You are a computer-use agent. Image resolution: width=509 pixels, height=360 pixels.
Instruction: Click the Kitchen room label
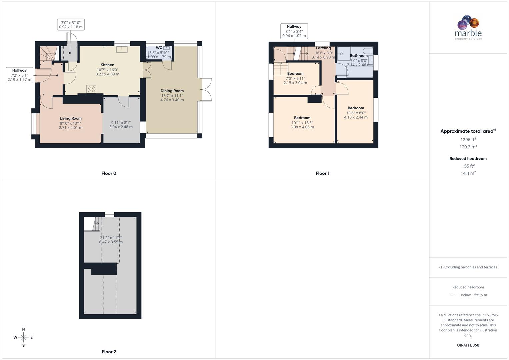[x=107, y=65]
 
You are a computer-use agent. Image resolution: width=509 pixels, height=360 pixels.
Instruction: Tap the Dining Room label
[x=172, y=91]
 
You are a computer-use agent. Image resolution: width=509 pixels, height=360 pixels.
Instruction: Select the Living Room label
[x=71, y=118]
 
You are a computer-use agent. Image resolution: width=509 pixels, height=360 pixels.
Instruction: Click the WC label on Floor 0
[x=159, y=48]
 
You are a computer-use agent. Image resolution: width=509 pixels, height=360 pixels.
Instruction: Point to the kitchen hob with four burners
[x=91, y=89]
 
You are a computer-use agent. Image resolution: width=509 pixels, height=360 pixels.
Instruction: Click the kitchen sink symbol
[x=122, y=49]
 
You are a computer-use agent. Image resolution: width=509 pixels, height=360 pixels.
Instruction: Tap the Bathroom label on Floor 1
[x=359, y=56]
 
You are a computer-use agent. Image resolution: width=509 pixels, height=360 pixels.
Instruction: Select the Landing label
[x=323, y=48]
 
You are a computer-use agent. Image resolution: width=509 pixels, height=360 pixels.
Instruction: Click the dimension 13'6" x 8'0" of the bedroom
[x=356, y=113]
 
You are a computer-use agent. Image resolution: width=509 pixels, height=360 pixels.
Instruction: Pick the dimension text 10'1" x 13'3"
[x=302, y=123]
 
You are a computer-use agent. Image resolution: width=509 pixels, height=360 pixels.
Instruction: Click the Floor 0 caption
[x=109, y=173]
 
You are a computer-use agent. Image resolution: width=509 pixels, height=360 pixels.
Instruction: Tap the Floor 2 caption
[x=109, y=352]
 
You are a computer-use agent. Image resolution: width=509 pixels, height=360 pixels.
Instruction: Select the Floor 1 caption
[x=322, y=173]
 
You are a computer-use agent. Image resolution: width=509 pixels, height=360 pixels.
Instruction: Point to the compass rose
[x=23, y=337]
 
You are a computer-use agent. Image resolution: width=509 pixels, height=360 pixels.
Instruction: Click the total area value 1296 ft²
[x=468, y=140]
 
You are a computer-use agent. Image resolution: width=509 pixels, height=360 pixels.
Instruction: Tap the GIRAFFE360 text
[x=468, y=345]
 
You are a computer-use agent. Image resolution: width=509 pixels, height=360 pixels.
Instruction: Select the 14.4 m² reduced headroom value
[x=468, y=173]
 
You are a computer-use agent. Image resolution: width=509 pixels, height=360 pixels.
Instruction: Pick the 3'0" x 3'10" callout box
[x=71, y=25]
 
